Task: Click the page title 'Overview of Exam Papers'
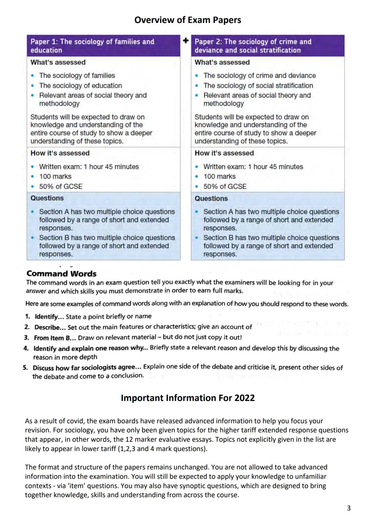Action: (187, 20)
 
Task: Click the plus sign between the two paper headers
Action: (186, 41)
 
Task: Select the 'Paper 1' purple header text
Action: (92, 46)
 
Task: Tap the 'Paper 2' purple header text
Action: (253, 46)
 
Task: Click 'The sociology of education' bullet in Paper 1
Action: (80, 85)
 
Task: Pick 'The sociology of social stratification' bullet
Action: (258, 85)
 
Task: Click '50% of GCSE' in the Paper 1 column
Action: (61, 186)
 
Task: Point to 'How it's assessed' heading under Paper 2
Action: (224, 153)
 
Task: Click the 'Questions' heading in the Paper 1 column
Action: (47, 198)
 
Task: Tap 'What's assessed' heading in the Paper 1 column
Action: (58, 62)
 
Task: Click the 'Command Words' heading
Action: (61, 273)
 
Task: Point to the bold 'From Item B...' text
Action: (55, 338)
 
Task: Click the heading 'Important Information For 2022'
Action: (188, 398)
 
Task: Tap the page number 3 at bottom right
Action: (348, 508)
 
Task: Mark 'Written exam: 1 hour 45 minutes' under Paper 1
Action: (89, 167)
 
